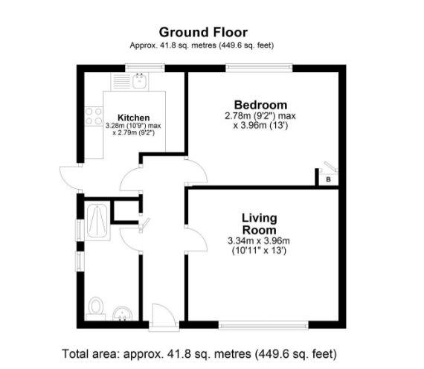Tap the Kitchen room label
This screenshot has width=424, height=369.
133,118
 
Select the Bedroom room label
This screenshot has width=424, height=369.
260,105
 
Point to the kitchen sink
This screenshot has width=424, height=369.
139,81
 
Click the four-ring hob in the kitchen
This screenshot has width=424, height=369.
94,116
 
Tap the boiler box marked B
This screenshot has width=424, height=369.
327,179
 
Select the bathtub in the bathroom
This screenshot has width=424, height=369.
97,221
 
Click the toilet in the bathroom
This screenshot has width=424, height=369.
94,307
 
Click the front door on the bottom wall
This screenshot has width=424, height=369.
161,316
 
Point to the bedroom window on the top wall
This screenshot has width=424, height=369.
260,68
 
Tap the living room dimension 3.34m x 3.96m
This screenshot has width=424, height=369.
258,240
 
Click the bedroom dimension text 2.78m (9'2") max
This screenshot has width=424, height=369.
260,117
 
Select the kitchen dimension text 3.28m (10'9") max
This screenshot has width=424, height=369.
133,126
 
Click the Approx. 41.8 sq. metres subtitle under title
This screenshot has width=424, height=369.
203,45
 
